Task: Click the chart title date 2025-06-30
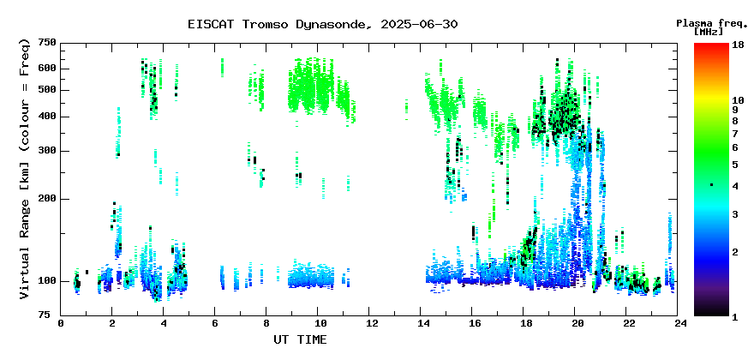pos(419,24)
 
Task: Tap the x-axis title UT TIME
pos(300,339)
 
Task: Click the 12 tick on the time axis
pos(368,323)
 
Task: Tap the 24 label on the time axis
pos(678,323)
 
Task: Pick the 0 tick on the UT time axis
pos(61,323)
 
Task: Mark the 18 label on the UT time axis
pos(524,323)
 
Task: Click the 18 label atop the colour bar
pos(738,45)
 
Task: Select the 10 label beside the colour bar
pos(738,100)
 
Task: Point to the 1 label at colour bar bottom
pos(735,317)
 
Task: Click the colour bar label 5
pos(735,165)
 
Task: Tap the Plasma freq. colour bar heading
pos(712,23)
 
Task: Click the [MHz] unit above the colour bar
pos(709,32)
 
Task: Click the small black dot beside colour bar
pos(712,185)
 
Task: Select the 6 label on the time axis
pos(214,323)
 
